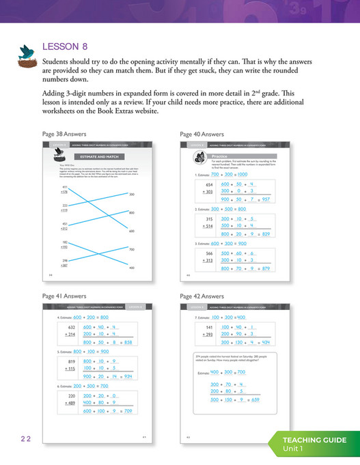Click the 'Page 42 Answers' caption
204,296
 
